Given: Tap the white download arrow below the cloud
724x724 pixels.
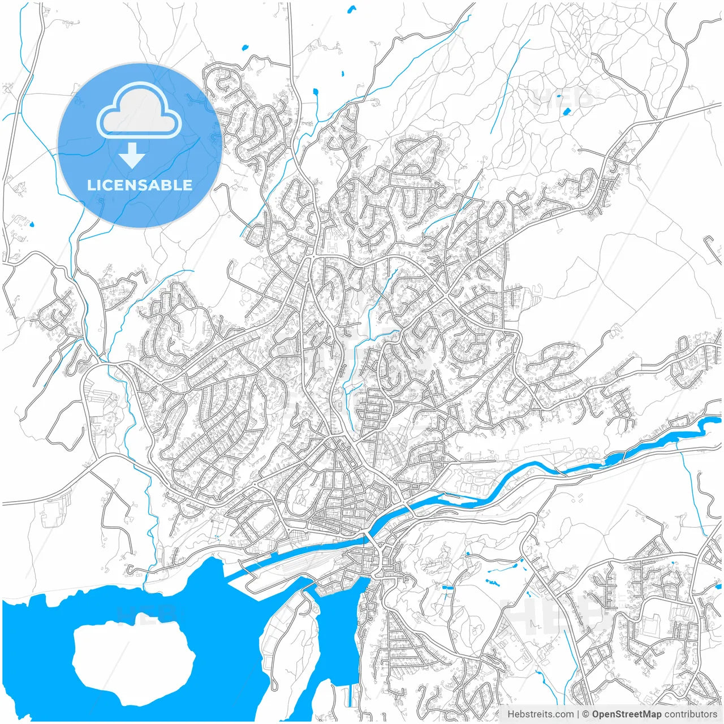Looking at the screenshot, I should (x=132, y=156).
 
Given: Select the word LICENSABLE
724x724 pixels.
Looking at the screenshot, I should (x=139, y=185).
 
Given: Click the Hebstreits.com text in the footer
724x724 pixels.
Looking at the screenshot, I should (x=540, y=714).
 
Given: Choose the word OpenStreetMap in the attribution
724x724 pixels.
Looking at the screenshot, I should (x=627, y=714).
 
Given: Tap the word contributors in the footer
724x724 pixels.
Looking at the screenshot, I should (x=691, y=714).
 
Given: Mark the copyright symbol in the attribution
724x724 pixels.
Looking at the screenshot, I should (x=586, y=714).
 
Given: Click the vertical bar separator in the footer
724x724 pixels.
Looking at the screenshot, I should (x=578, y=714).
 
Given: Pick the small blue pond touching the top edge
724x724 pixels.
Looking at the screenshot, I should (x=352, y=8).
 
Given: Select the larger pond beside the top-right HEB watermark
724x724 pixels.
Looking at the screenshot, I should (x=566, y=111).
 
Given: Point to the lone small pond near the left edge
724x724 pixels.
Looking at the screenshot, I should (x=32, y=225).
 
